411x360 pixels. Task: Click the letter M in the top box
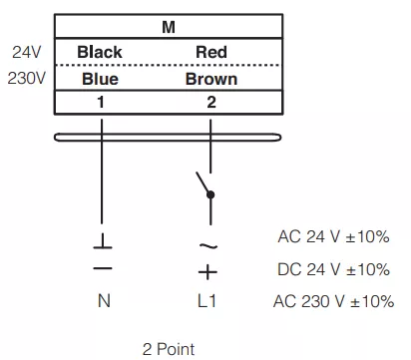pyautogui.click(x=169, y=27)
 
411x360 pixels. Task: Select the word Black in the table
pyautogui.click(x=100, y=52)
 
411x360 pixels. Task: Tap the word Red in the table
pyautogui.click(x=211, y=52)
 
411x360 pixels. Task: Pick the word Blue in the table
pyautogui.click(x=100, y=79)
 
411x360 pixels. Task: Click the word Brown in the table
pyautogui.click(x=211, y=79)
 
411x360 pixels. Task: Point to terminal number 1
pyautogui.click(x=101, y=102)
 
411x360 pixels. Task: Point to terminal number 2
pyautogui.click(x=211, y=102)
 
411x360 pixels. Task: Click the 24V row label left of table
pyautogui.click(x=27, y=52)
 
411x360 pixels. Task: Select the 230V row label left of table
pyautogui.click(x=27, y=79)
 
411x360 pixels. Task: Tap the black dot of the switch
pyautogui.click(x=210, y=194)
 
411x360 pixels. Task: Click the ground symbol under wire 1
pyautogui.click(x=103, y=241)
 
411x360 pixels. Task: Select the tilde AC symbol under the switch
pyautogui.click(x=208, y=246)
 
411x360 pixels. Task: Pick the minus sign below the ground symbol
pyautogui.click(x=103, y=268)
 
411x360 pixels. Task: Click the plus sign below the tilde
pyautogui.click(x=207, y=272)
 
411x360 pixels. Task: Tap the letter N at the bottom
pyautogui.click(x=104, y=301)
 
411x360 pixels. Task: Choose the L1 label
pyautogui.click(x=206, y=301)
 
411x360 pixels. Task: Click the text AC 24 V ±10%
pyautogui.click(x=333, y=237)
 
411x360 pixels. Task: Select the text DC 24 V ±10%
pyautogui.click(x=333, y=269)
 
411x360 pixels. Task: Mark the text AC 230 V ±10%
pyautogui.click(x=333, y=301)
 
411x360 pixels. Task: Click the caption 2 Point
pyautogui.click(x=169, y=349)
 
